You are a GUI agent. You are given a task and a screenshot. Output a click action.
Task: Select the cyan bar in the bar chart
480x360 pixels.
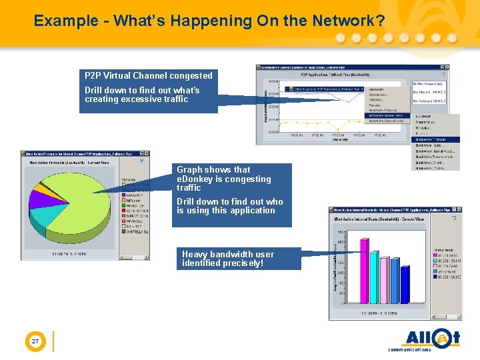[389, 283]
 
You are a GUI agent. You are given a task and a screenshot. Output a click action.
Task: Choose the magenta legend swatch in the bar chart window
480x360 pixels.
[434, 255]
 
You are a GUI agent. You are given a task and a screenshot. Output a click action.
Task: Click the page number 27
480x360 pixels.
[35, 341]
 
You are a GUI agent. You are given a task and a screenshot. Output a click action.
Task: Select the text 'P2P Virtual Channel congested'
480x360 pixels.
[148, 76]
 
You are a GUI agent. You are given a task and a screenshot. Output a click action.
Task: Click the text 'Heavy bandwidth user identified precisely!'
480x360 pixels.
[227, 259]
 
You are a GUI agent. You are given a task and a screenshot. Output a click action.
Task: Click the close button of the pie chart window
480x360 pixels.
[147, 154]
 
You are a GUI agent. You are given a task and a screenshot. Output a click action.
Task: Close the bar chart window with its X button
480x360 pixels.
[458, 210]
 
